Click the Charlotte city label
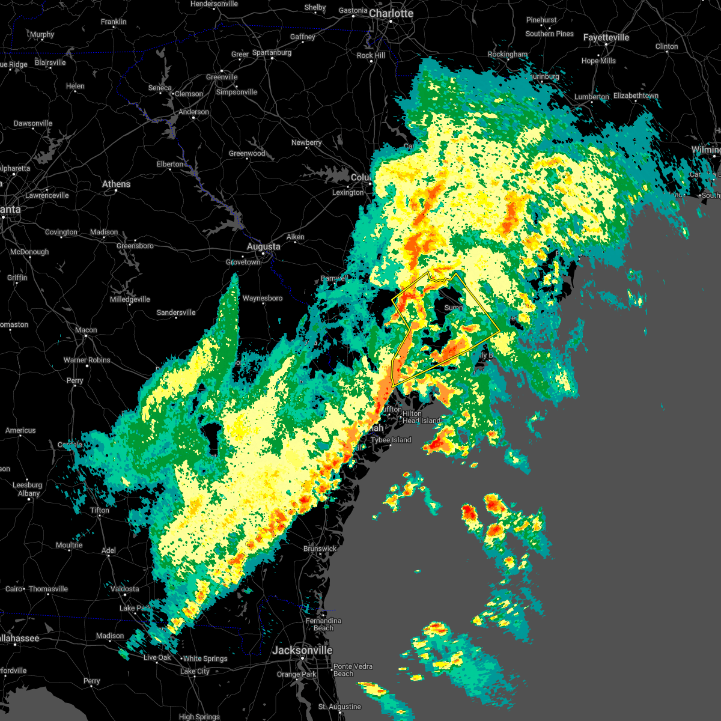click(391, 13)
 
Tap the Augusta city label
click(263, 246)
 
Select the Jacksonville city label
click(302, 650)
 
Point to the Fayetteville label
click(606, 37)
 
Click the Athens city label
click(116, 184)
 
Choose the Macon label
click(86, 330)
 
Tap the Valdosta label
click(125, 589)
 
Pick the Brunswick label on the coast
click(320, 549)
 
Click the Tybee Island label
click(391, 440)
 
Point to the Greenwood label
click(247, 153)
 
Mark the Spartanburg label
click(272, 52)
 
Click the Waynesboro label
click(263, 298)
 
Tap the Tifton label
click(100, 510)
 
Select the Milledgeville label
click(130, 299)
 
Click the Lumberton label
click(591, 97)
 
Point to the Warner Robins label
click(87, 360)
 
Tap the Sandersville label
click(176, 312)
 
